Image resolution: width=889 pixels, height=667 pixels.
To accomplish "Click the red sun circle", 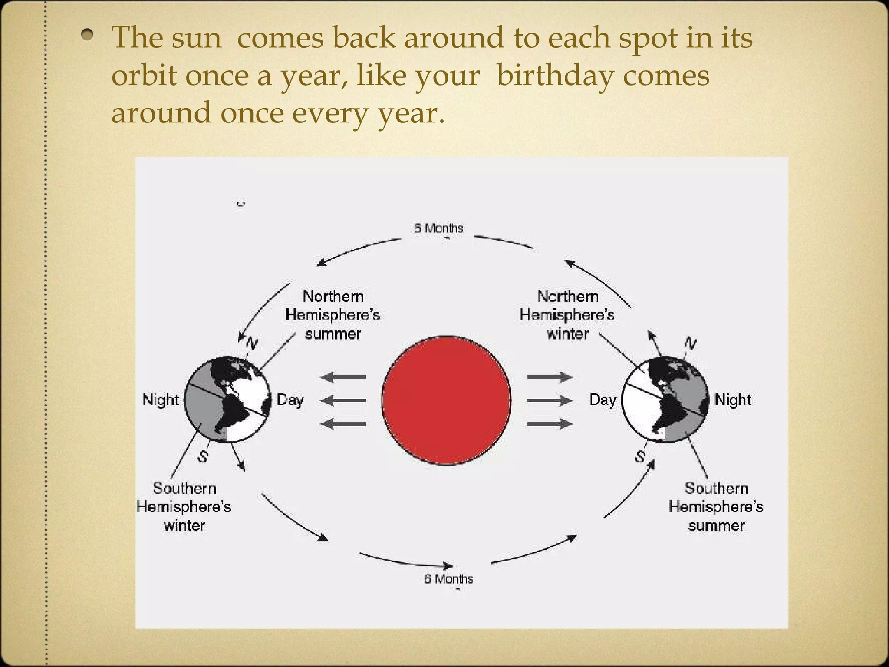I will click(x=446, y=400).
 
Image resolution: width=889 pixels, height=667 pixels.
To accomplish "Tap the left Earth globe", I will click(x=227, y=399).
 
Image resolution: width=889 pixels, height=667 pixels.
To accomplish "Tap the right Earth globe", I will click(x=665, y=399).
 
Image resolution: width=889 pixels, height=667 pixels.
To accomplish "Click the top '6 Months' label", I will click(x=438, y=228).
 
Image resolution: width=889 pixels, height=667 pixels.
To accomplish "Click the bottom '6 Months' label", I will click(x=448, y=579).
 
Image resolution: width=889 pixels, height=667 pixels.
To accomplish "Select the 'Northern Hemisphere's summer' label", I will click(x=333, y=315).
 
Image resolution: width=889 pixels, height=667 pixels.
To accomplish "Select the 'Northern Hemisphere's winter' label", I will click(x=567, y=315).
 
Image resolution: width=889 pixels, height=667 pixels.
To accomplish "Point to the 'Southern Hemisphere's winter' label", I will click(x=184, y=506).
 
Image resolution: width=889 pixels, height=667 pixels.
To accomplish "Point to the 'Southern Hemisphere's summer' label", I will click(x=716, y=506).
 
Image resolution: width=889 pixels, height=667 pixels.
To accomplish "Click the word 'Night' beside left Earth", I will click(x=161, y=400).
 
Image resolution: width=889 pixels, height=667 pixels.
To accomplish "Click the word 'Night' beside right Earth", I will click(x=733, y=400).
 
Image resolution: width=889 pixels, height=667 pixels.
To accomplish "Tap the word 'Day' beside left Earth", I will click(x=290, y=400).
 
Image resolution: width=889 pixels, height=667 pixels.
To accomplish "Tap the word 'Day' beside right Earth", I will click(x=603, y=400).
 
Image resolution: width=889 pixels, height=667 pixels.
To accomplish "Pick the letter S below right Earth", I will click(x=640, y=456).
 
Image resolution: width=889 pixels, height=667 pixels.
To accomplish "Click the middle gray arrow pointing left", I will click(x=343, y=400).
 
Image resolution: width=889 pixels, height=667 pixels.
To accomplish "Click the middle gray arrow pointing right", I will click(x=550, y=400).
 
